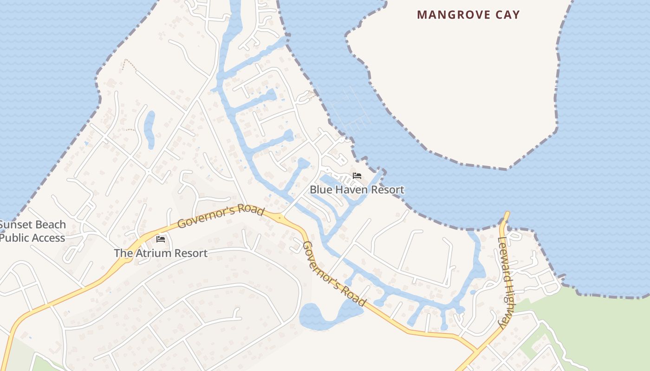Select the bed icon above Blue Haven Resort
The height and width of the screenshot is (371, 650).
(x=357, y=176)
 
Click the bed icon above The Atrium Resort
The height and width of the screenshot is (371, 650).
(x=161, y=239)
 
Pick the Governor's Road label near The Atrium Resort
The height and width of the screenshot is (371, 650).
(x=221, y=216)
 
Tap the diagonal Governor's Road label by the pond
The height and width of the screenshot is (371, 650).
(x=333, y=274)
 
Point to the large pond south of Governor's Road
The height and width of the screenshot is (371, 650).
(x=325, y=315)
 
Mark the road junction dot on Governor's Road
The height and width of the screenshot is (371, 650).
(x=279, y=217)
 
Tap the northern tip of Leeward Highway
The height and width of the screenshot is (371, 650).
(x=506, y=215)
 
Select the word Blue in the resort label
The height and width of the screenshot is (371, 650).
(x=319, y=190)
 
